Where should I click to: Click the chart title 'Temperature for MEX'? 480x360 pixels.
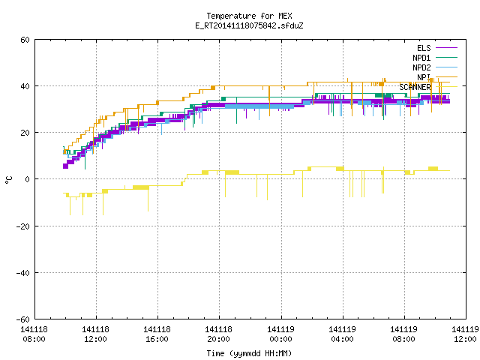[x=249, y=16]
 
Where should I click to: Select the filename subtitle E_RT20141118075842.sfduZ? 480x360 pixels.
[x=249, y=25]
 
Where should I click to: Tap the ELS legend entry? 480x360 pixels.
[x=437, y=48]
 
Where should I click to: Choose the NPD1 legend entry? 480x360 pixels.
[x=435, y=58]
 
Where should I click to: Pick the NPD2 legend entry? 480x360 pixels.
[x=435, y=67]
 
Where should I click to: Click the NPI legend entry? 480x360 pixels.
[x=437, y=77]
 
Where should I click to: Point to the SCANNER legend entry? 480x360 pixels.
[x=428, y=87]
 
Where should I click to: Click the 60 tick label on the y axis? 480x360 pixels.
[x=25, y=40]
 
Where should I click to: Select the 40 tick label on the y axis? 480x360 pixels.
[x=25, y=86]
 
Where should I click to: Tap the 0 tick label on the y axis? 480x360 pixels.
[x=27, y=179]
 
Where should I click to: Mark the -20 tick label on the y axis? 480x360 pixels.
[x=23, y=226]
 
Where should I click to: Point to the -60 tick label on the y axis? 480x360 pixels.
[x=23, y=319]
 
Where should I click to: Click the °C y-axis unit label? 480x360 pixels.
[x=8, y=180]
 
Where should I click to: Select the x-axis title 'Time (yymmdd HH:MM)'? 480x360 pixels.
[x=249, y=353]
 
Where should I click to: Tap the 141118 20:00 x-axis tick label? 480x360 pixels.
[x=218, y=334]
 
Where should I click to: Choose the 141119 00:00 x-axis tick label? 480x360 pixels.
[x=280, y=334]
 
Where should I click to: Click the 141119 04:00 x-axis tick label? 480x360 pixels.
[x=342, y=334]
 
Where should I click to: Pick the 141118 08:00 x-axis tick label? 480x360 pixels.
[x=34, y=334]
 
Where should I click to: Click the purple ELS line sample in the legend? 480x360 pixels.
[x=447, y=48]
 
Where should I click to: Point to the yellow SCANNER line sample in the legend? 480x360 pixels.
[x=447, y=87]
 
